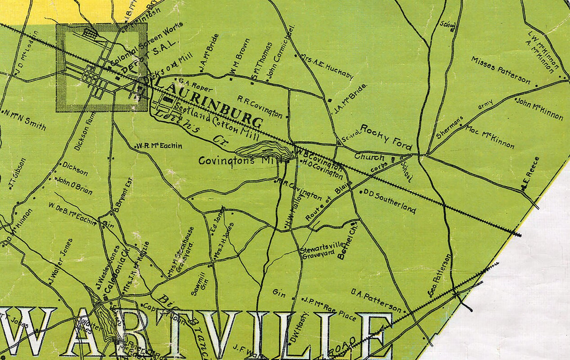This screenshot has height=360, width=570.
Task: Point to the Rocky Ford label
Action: point(387,137)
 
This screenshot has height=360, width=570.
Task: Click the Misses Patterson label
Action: point(501,71)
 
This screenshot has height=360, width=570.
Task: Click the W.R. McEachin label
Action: point(160,146)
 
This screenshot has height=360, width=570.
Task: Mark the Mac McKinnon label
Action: point(490,137)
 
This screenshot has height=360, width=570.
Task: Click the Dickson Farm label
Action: point(84,132)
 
